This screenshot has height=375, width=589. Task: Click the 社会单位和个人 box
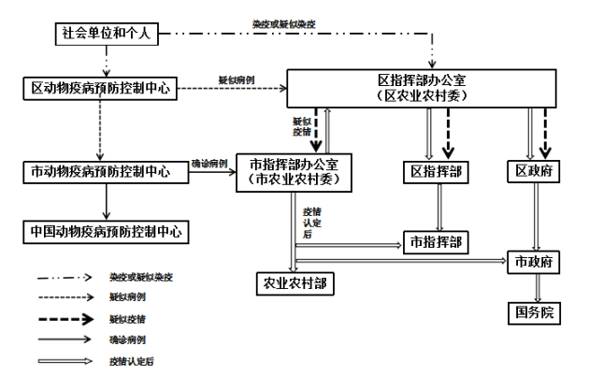106,34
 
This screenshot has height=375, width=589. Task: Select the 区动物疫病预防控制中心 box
100,89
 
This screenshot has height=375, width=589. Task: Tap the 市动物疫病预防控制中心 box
100,172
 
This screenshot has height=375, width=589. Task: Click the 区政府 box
535,172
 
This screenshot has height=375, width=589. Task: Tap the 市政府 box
535,260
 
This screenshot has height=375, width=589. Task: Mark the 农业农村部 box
294,282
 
